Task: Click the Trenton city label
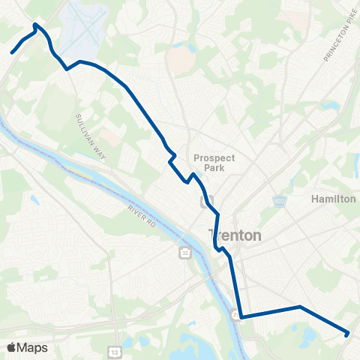[x=235, y=235]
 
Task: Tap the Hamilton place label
[x=333, y=199]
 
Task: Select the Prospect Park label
[x=214, y=163]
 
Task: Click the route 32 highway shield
[x=184, y=253]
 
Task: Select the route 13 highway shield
[x=114, y=352]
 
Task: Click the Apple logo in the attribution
[x=11, y=347]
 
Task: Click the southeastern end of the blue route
[x=347, y=334]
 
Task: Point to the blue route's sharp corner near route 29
[x=241, y=316]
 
